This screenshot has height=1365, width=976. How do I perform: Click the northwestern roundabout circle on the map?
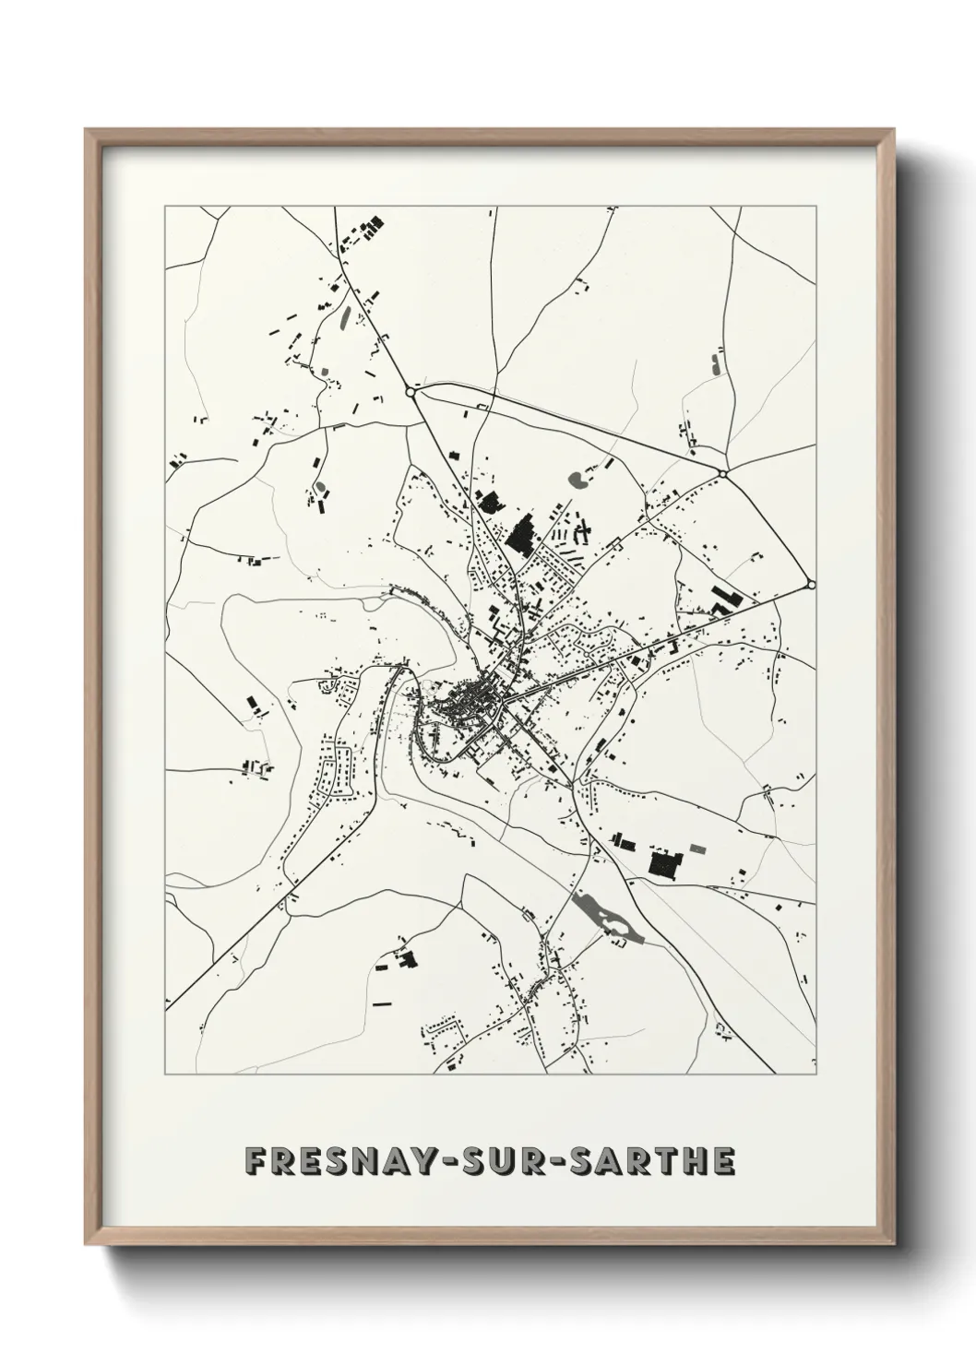tap(411, 392)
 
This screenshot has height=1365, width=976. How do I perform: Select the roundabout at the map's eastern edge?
tap(811, 584)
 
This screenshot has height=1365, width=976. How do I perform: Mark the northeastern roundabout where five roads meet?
tap(723, 474)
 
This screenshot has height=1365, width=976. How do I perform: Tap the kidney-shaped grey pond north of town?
tap(580, 480)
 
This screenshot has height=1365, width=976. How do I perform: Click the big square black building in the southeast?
tap(664, 864)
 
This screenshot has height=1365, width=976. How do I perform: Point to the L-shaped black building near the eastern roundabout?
tap(724, 598)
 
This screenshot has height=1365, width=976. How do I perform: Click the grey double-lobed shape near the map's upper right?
tap(716, 362)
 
